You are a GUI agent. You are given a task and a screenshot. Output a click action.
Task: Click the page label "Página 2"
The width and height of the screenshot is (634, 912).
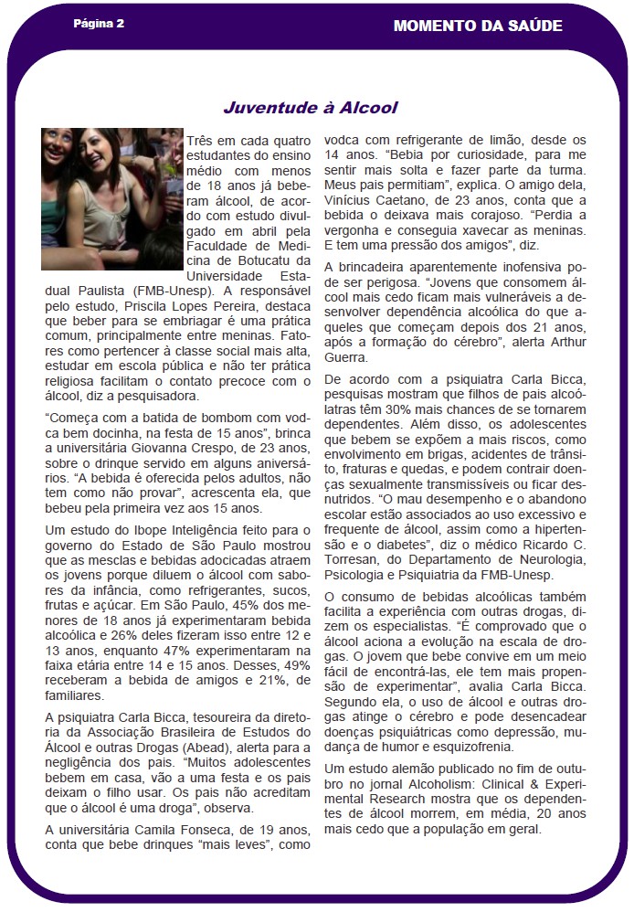pos(99,24)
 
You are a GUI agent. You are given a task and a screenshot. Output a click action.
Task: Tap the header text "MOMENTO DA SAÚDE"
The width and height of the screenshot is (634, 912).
pos(478,26)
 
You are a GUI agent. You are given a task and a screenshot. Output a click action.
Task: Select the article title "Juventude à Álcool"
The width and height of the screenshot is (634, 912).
pos(311,108)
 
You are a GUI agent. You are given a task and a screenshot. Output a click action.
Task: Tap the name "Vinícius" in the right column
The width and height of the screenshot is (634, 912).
pos(352,200)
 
